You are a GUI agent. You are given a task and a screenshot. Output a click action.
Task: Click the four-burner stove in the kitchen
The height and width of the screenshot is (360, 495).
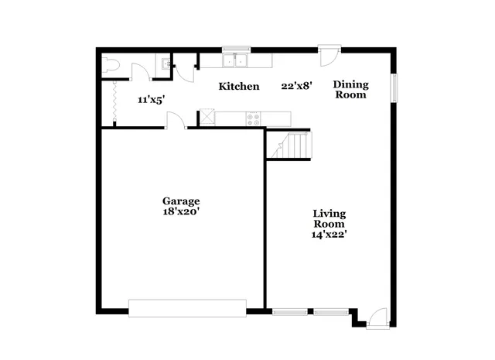coord(253,118)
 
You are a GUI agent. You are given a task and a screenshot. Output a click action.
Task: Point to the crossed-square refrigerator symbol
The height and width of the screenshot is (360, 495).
coord(207,118)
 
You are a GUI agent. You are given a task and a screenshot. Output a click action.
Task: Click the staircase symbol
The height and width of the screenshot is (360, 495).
coord(292,145)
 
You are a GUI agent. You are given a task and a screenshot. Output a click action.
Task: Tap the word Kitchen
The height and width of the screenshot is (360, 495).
coord(238,87)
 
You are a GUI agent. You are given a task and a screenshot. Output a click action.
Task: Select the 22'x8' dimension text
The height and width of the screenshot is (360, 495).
coord(296,87)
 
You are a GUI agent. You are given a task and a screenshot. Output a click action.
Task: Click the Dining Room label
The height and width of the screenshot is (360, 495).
coord(350,90)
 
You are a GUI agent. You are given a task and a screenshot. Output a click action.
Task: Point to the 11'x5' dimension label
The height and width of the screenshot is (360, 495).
coord(150,100)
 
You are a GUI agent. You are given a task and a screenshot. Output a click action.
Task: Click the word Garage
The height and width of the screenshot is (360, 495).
coord(180,199)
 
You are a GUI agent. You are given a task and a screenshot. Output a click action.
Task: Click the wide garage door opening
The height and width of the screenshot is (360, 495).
coord(187,308)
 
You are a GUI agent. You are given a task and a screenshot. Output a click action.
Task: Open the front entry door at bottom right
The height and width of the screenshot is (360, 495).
coord(376,317)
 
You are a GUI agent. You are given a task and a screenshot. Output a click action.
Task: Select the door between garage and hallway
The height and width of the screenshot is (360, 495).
coord(176,122)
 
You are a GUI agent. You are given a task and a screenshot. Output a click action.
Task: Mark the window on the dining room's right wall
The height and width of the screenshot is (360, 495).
coord(394,87)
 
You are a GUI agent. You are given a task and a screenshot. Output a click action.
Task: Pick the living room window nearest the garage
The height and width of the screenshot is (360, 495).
coord(290,312)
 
